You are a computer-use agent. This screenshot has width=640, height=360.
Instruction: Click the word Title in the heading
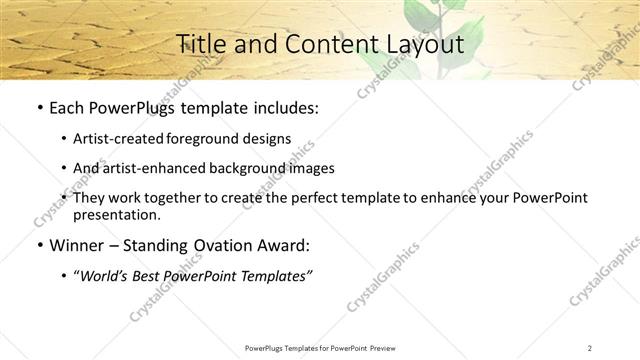[x=200, y=44]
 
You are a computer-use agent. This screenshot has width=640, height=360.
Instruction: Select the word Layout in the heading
[x=425, y=44]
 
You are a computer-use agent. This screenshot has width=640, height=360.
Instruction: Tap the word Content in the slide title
[x=324, y=44]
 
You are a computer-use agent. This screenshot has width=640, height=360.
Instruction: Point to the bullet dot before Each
[x=38, y=108]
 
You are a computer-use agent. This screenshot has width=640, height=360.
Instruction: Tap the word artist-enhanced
[x=146, y=169]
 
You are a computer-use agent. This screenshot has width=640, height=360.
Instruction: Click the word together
[x=185, y=199]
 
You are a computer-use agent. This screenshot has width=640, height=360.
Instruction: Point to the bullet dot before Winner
[x=38, y=246]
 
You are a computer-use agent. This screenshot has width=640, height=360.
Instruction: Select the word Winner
[x=77, y=246]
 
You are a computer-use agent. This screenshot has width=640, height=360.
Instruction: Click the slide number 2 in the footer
[x=589, y=347]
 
